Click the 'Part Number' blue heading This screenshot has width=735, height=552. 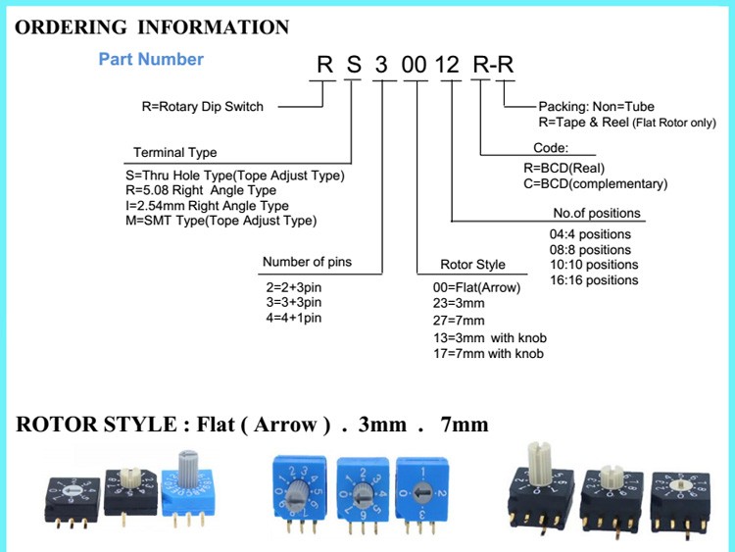click(x=151, y=60)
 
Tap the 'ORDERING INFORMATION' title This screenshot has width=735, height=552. click(x=153, y=26)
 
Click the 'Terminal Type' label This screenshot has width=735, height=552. click(x=175, y=153)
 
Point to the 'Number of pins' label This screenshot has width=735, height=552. click(x=307, y=263)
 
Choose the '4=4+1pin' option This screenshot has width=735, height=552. click(x=294, y=318)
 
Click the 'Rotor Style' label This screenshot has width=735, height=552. click(x=473, y=264)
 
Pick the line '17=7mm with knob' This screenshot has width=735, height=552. click(x=488, y=353)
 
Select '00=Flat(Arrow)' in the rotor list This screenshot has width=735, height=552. click(x=476, y=288)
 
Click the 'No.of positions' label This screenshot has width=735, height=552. click(x=597, y=213)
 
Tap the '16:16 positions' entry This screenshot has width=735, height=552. click(x=594, y=280)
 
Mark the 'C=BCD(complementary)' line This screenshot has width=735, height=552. click(x=595, y=183)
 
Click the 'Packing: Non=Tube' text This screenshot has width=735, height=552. click(x=597, y=106)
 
